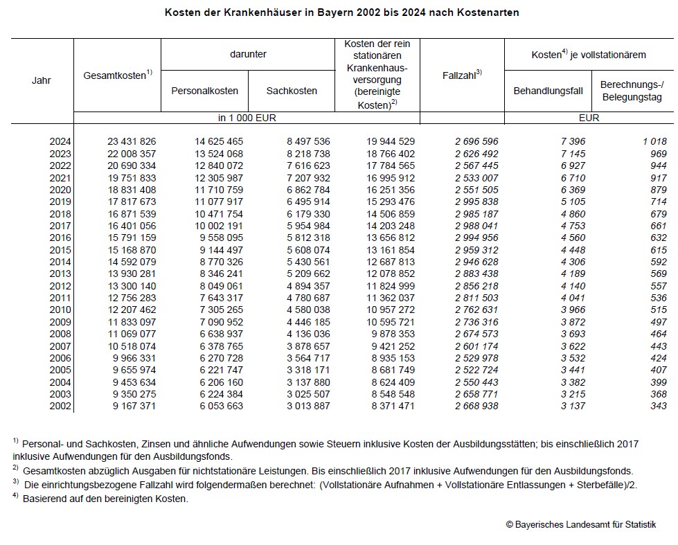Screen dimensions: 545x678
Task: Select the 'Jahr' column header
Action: coord(42,80)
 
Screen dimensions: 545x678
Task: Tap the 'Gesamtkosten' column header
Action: coord(116,75)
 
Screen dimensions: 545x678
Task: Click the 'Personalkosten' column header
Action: coord(204,91)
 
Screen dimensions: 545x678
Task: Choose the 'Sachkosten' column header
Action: coord(292,91)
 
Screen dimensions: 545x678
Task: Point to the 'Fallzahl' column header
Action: coord(461,75)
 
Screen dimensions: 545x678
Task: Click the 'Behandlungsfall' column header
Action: coord(548,91)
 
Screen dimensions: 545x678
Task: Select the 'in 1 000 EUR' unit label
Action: coord(247,118)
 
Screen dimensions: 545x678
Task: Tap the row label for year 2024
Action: coord(60,141)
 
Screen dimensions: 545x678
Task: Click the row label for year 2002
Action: coord(60,406)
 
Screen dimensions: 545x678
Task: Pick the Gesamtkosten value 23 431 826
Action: coord(132,141)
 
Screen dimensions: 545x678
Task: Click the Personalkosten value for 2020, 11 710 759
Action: coord(218,190)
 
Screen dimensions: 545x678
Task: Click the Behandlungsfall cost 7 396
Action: coord(573,141)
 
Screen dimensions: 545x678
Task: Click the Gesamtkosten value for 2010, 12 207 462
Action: coord(132,310)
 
